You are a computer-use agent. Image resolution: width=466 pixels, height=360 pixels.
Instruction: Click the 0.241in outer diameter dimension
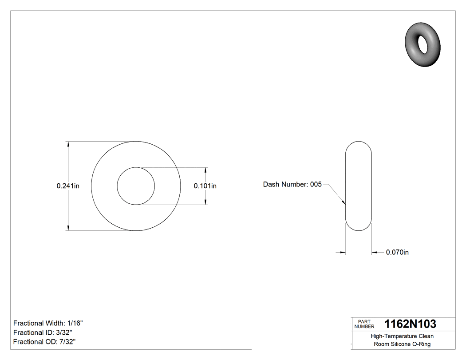[x=68, y=186]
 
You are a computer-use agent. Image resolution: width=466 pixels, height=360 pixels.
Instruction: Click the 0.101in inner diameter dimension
[x=205, y=186]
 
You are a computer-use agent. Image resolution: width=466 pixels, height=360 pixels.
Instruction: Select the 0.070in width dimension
[x=397, y=253]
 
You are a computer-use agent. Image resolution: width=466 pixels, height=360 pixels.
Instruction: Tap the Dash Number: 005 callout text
[x=292, y=184]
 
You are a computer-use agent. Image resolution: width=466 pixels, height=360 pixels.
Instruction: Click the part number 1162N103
[x=410, y=324]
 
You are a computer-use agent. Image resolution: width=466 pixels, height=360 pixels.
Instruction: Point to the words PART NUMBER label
[x=364, y=324]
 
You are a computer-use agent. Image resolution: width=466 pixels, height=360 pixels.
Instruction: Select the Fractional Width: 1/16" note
[x=48, y=323]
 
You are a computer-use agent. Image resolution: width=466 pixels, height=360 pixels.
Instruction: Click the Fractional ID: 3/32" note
[x=43, y=332]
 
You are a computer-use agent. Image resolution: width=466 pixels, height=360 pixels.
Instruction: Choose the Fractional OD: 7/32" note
[x=44, y=342]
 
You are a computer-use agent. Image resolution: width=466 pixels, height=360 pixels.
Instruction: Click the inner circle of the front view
[x=136, y=186]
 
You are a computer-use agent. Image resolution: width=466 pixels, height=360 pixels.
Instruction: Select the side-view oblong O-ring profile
[x=359, y=186]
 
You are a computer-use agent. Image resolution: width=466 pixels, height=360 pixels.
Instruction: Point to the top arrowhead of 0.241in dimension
[x=68, y=144]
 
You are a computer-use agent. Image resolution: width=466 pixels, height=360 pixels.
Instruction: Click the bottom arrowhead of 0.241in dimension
[x=68, y=228]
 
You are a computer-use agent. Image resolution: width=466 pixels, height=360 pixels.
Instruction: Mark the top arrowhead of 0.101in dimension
[x=206, y=170]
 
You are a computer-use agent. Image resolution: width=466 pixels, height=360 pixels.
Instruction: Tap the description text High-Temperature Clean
[x=402, y=336]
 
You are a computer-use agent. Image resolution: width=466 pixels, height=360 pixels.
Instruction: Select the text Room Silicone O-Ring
[x=402, y=344]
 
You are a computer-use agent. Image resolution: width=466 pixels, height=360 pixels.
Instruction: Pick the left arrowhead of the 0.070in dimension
[x=342, y=253]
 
